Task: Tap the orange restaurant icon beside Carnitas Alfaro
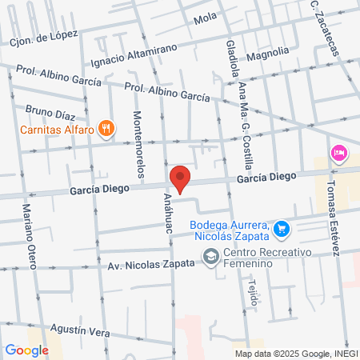click(106, 127)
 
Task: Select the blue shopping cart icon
click(281, 230)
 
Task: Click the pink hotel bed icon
click(338, 153)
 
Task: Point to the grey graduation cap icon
click(210, 257)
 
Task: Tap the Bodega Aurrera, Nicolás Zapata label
click(230, 230)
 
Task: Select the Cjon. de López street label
click(44, 36)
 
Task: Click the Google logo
click(26, 350)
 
